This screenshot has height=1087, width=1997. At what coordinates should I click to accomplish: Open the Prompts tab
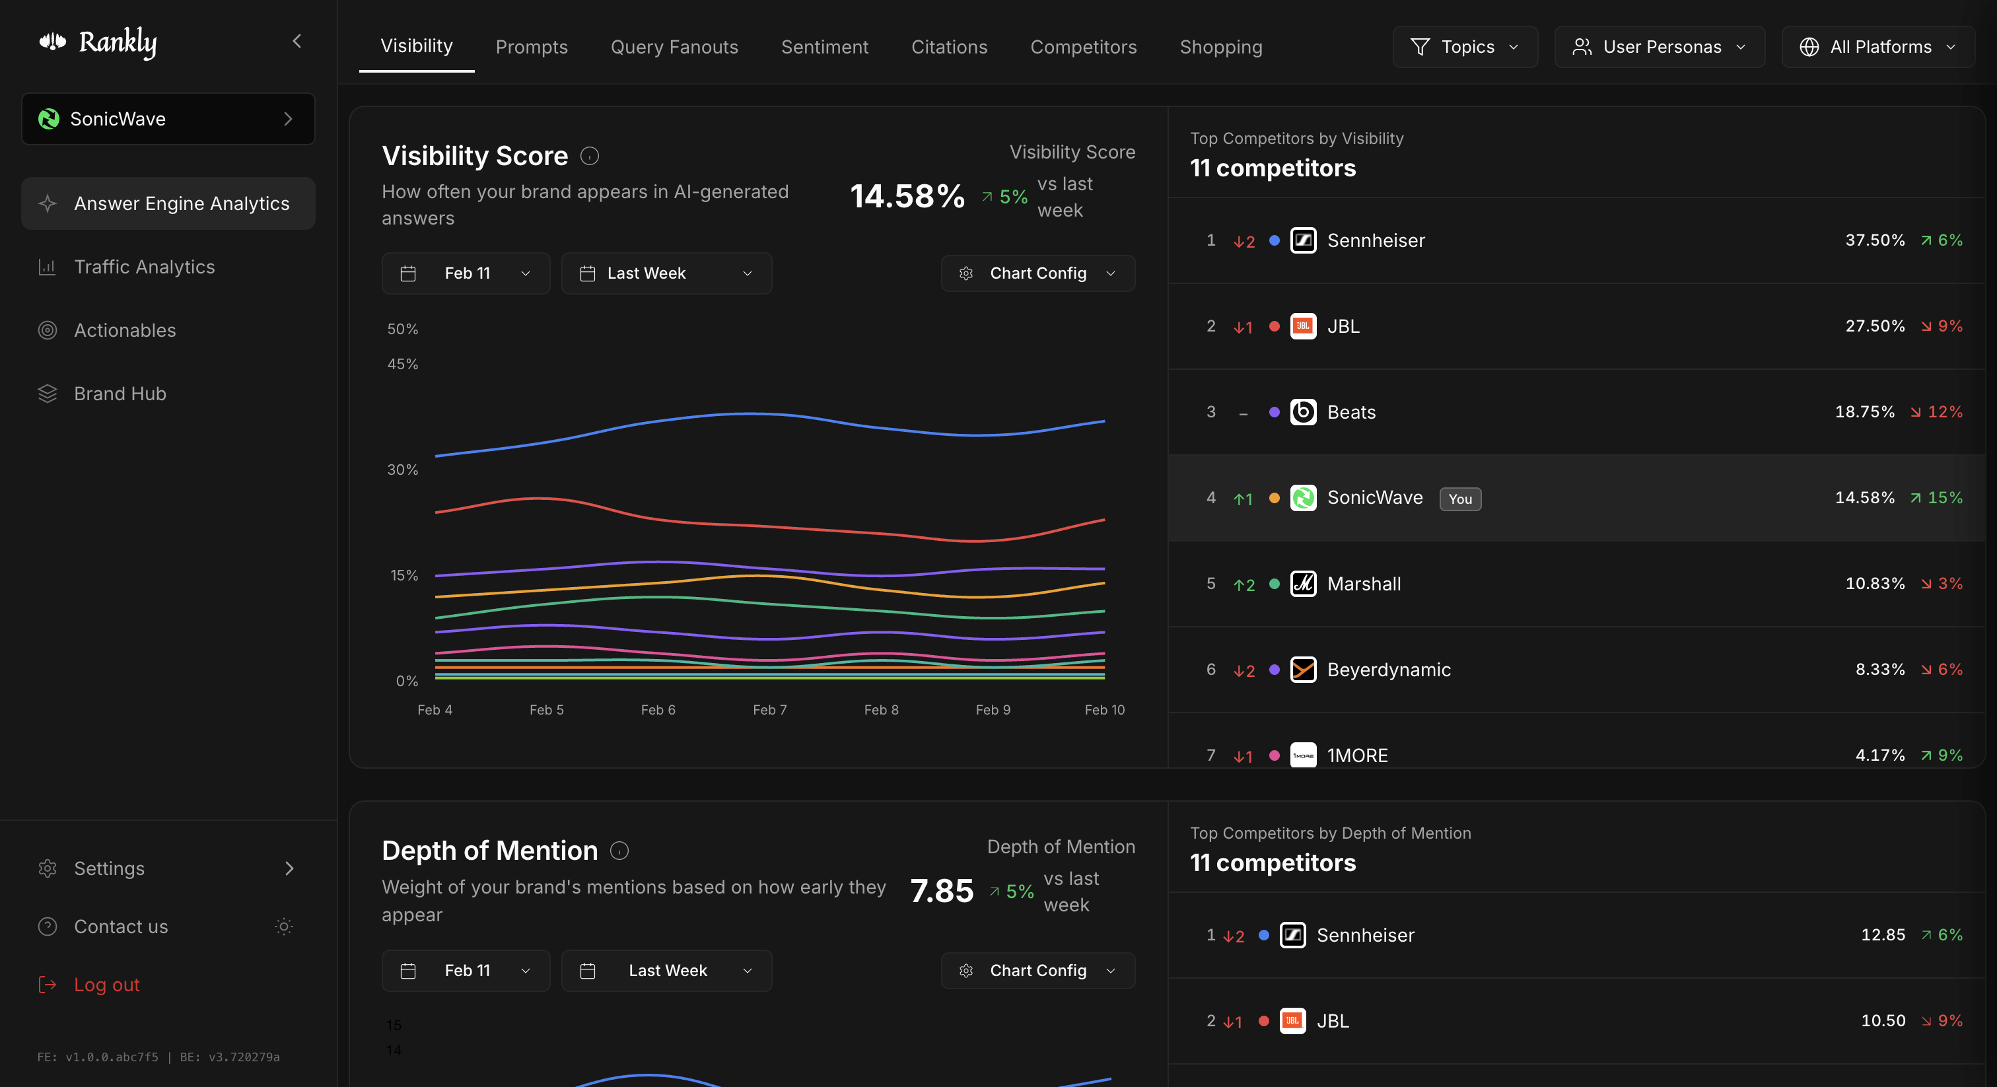coord(531,48)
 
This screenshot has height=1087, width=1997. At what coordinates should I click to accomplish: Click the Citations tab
coord(948,48)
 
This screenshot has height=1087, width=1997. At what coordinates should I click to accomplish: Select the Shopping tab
coord(1220,48)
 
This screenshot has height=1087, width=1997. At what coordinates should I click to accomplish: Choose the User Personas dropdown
coord(1658,48)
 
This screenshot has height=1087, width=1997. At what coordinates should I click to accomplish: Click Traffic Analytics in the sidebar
coord(144,267)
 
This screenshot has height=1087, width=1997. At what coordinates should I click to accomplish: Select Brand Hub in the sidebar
coord(120,394)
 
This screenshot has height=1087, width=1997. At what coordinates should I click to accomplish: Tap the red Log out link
coord(106,985)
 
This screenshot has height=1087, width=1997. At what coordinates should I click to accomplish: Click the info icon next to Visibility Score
coord(589,157)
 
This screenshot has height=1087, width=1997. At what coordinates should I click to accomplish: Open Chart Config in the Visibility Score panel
coord(1037,273)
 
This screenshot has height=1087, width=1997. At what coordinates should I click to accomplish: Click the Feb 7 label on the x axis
coord(769,710)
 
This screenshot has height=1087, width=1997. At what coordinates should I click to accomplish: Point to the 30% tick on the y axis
coord(402,470)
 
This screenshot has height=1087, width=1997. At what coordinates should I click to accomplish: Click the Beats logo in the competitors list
coord(1302,413)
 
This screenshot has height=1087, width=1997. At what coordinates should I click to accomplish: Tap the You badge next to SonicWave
coord(1459,499)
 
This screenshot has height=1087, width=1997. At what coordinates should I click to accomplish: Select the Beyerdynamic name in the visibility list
coord(1388,670)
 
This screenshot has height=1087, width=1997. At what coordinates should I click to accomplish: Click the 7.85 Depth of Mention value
coord(941,892)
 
